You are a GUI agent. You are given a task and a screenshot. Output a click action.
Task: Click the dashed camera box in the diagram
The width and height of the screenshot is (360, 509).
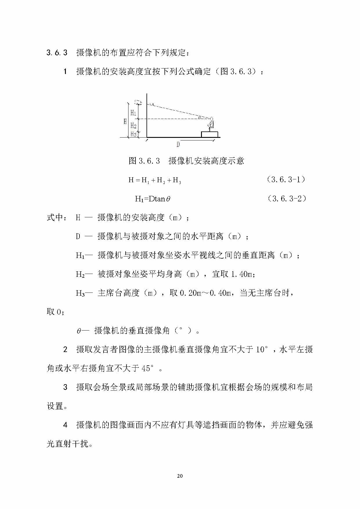(x=138, y=102)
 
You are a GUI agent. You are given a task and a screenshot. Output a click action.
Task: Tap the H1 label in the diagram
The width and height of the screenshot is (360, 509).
(x=133, y=113)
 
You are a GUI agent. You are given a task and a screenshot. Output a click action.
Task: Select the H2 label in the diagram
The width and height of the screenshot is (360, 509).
(x=133, y=125)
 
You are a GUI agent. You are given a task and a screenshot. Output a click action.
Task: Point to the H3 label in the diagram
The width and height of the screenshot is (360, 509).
(x=133, y=134)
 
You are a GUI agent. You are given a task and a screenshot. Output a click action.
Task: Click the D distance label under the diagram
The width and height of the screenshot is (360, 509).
(x=178, y=144)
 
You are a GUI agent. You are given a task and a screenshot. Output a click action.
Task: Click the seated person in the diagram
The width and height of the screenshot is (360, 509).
(x=211, y=124)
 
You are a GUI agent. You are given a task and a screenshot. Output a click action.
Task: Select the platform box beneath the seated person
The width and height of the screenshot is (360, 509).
(x=210, y=134)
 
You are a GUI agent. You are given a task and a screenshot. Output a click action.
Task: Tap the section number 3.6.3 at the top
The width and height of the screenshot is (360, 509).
(x=57, y=53)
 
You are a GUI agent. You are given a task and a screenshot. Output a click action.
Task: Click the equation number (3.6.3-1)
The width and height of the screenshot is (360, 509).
(x=286, y=180)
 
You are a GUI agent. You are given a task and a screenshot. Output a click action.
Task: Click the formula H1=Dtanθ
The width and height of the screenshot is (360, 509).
(x=153, y=199)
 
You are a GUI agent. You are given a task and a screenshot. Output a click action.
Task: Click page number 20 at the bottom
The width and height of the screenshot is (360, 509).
(x=180, y=476)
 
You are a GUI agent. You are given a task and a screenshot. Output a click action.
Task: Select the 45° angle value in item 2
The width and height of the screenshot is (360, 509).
(x=148, y=368)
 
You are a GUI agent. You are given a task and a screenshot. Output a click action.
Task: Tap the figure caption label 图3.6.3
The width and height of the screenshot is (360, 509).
(x=144, y=161)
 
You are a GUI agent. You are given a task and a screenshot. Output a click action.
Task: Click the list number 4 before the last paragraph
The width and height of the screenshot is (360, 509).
(x=65, y=425)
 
